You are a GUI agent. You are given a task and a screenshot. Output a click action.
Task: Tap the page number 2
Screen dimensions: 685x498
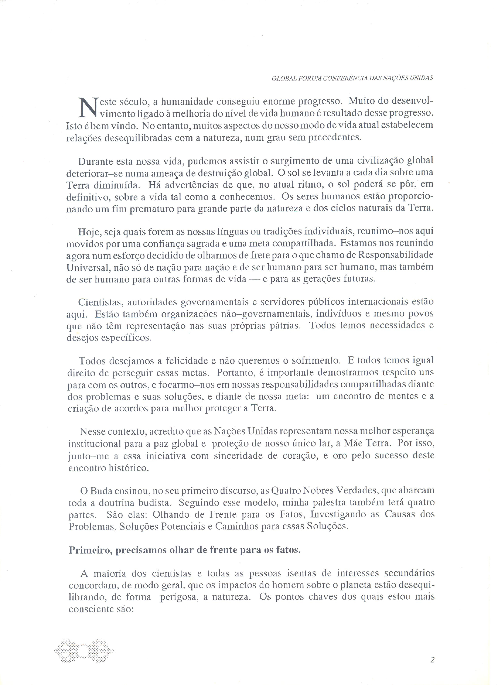click(432, 660)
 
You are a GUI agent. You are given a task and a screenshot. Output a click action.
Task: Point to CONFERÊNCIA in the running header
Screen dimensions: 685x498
click(347, 78)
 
